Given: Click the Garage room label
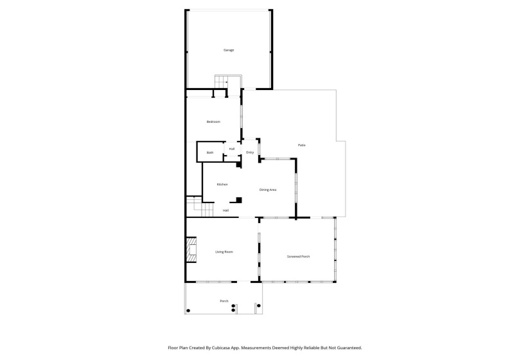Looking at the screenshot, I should pos(228,50).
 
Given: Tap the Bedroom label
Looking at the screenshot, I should pos(213,122).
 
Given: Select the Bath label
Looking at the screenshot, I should pos(210,152).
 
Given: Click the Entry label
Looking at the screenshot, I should pos(250,152).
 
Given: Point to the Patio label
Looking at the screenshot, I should pos(301,145).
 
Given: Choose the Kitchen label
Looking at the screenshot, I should pos(222,184).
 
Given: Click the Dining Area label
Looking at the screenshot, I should pos(268,190).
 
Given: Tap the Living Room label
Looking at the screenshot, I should pos(224,252).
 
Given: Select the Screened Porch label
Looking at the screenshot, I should pos(298,256).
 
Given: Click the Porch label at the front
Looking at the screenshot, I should pos(224,301).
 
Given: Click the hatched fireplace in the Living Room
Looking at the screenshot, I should pos(191,250).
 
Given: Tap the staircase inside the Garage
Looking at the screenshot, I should pos(222,82).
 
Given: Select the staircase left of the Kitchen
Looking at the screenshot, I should pos(194,207).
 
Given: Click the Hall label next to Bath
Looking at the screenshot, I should pos(231,149).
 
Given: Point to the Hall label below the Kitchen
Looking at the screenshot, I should pos(225,210).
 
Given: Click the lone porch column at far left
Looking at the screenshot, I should pos(188,310).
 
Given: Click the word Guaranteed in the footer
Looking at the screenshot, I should pos(348,347).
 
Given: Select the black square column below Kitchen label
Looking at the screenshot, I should pos(239,199).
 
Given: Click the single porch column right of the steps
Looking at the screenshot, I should pos(258,307).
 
